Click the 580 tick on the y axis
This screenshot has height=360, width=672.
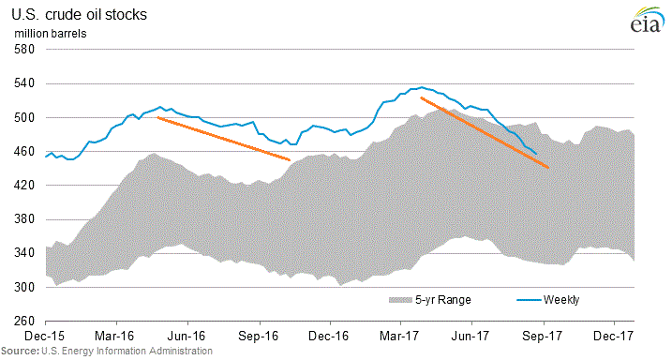[23, 50]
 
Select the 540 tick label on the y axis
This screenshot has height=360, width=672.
[23, 83]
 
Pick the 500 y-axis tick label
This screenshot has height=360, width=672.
[23, 118]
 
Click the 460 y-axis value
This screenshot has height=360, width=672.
[23, 152]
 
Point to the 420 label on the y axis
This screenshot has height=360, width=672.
[23, 186]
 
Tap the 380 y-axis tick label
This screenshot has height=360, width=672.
[23, 219]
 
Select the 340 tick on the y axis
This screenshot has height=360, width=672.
[23, 253]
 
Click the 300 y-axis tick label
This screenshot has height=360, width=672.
[23, 288]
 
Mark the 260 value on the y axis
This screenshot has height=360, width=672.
[23, 322]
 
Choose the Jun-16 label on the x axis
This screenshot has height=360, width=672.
[187, 335]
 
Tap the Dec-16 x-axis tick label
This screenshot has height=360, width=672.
[330, 335]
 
